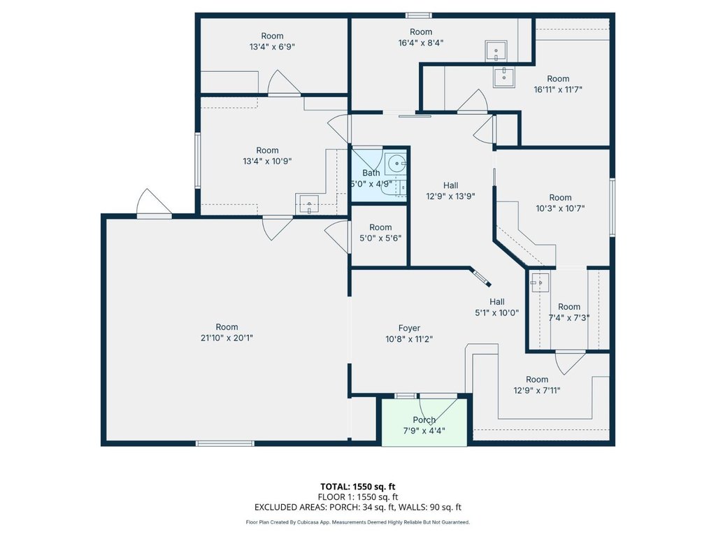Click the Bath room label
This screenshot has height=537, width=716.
pos(371,173)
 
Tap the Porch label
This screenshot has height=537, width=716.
pos(424,420)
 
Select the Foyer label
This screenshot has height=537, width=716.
pos(409,329)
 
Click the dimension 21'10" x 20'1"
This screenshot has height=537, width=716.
pos(227,338)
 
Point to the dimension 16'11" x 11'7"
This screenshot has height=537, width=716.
pos(558,90)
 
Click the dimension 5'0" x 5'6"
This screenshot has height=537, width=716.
pos(380,238)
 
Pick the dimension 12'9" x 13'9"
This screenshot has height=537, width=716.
pos(451,196)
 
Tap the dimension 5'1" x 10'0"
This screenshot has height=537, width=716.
pos(497,313)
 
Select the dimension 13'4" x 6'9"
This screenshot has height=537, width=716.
pos(272,47)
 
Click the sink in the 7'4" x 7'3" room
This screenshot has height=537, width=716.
pos(538,282)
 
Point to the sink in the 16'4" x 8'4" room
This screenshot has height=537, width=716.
pos(496,51)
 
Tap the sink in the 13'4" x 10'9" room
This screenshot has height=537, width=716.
pos(310,204)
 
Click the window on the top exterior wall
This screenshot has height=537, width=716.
pos(419,16)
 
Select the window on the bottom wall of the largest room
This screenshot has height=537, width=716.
pos(225,443)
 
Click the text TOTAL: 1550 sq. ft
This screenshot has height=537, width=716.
pos(358,487)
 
